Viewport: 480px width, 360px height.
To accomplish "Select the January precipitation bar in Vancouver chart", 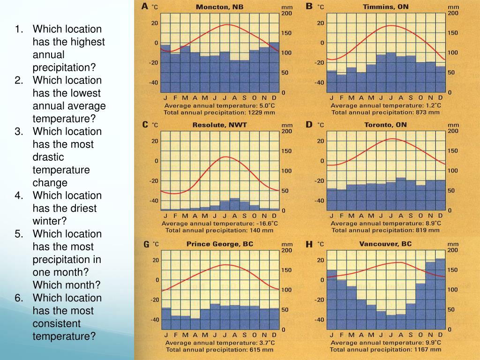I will point(331,300).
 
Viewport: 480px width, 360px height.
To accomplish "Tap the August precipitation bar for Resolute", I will point(234,204).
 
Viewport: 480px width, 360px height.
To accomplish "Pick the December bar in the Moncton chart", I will point(274,68).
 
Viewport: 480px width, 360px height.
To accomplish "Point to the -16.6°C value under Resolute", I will point(266,224).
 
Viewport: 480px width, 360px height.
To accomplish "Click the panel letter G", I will point(146,244).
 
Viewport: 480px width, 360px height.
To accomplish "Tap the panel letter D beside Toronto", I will point(309,125).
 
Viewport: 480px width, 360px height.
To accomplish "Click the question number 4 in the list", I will point(18,195).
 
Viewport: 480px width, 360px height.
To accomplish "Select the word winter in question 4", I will point(49,221).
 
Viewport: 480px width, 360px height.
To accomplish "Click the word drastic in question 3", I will point(48,157).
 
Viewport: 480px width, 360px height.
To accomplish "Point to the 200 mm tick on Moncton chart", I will point(286,14).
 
